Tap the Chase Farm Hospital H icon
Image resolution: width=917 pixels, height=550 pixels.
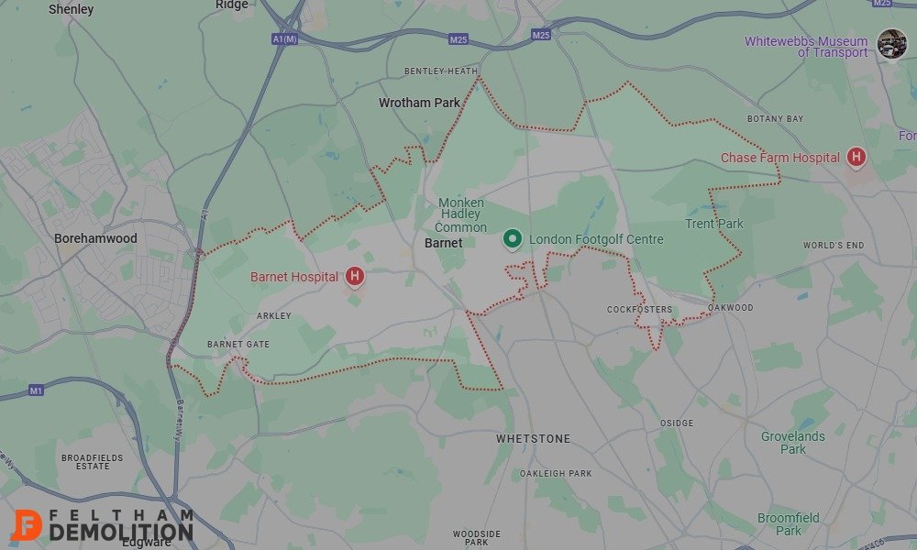pos(856,158)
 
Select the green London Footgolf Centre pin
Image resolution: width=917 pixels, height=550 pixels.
pos(513,239)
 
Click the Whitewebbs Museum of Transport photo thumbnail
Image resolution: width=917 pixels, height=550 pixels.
pos(891,43)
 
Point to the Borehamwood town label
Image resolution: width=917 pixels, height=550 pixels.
pos(95,238)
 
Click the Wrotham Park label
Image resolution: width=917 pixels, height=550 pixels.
pos(419,104)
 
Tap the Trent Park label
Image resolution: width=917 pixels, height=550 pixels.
pos(714,224)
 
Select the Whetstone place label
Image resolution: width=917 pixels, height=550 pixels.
pos(533,439)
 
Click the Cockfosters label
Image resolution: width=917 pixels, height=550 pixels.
pos(639,310)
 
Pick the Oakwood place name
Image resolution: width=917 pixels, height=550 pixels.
pos(731,308)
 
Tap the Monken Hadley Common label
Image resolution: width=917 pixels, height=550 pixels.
pos(461,214)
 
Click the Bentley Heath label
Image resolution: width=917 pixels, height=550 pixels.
pos(441,71)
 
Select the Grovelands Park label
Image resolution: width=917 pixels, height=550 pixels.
pos(792,443)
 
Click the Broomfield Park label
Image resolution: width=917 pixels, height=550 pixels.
pos(788,524)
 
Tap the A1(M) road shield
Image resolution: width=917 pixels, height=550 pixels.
pos(285,38)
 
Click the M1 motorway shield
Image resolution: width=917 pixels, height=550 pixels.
pos(36,391)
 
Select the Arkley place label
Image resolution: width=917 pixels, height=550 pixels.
pos(273,316)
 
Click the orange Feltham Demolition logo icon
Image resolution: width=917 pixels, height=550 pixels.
pos(27,524)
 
